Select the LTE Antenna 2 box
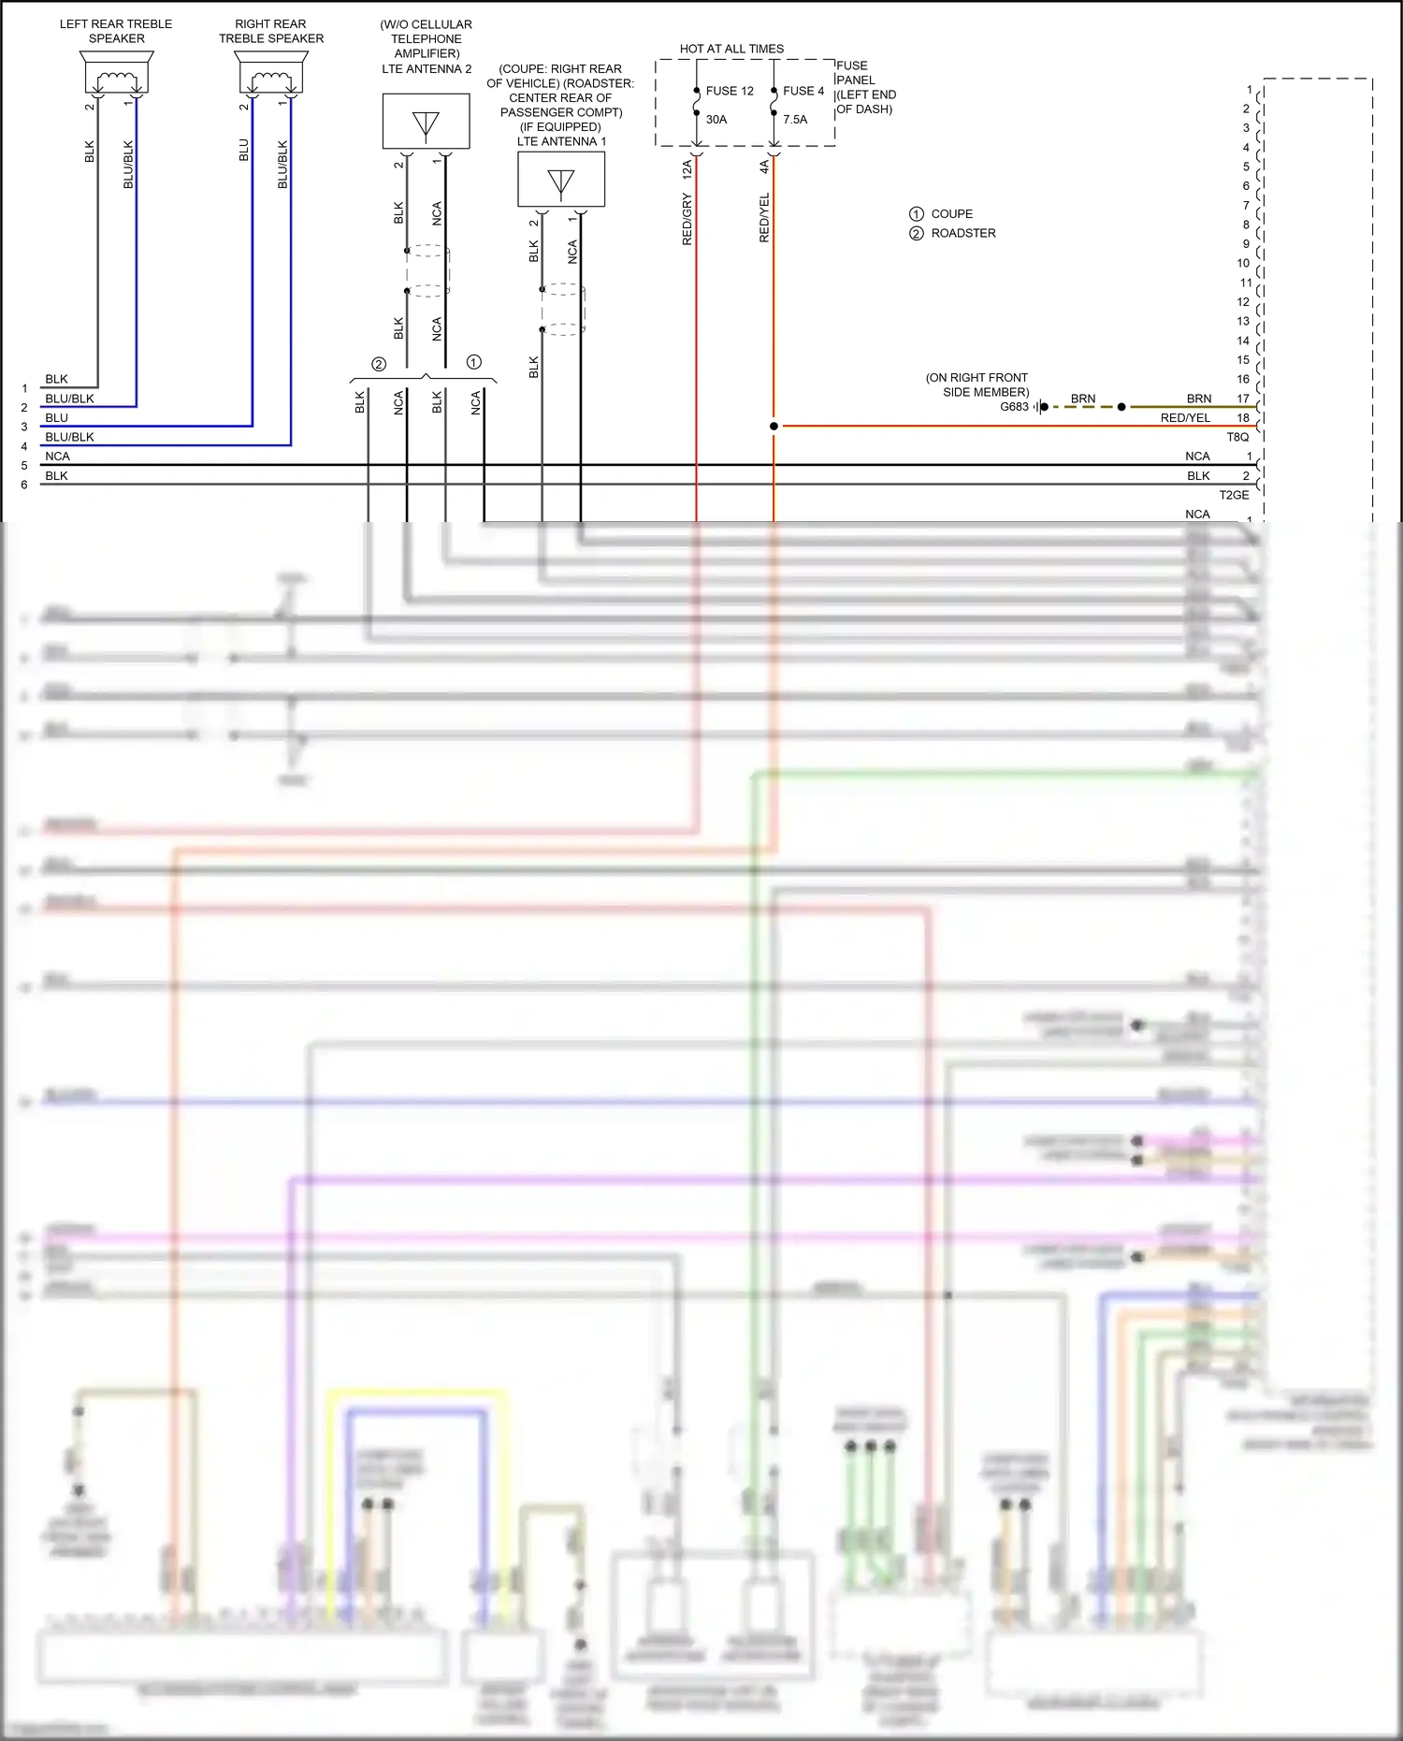(x=426, y=122)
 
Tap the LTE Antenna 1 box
(x=561, y=180)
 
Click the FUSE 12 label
(x=730, y=91)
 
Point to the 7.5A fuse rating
(x=795, y=120)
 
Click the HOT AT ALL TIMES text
(x=731, y=49)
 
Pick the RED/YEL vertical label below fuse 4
(x=764, y=218)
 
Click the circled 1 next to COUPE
(x=917, y=214)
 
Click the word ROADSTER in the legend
(x=963, y=233)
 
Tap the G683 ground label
(x=1014, y=407)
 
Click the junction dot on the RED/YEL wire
(x=774, y=427)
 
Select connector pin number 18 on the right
(x=1243, y=418)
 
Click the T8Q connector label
(x=1237, y=437)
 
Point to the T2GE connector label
(x=1234, y=495)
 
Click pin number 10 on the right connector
(x=1243, y=264)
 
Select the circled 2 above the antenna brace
(x=379, y=365)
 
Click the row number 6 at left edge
(x=24, y=485)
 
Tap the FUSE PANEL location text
(x=865, y=87)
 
